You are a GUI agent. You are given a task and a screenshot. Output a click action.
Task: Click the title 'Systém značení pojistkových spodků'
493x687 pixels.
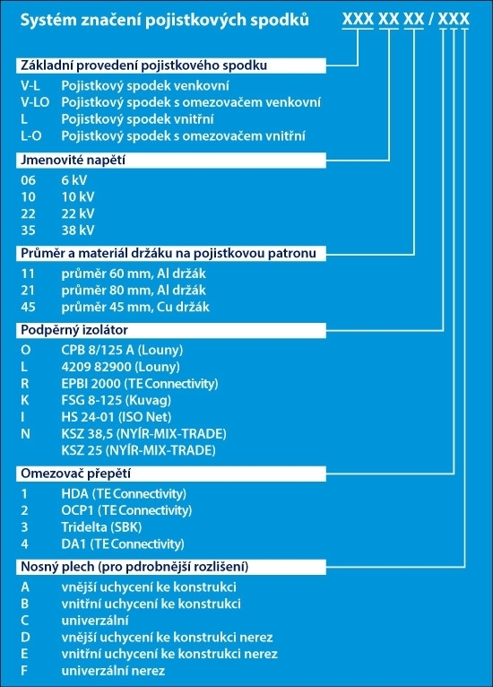click(x=165, y=20)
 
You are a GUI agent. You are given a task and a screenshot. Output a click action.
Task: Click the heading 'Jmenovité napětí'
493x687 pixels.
click(x=73, y=160)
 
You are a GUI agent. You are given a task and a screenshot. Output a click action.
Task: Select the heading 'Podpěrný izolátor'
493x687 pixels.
click(x=74, y=330)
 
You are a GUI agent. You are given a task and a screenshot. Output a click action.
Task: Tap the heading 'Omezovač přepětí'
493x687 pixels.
click(x=76, y=474)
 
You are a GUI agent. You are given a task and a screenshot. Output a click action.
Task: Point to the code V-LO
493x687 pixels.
click(x=35, y=102)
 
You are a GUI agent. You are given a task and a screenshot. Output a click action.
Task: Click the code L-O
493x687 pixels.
click(x=31, y=135)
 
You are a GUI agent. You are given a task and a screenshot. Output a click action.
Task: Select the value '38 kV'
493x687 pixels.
click(x=78, y=230)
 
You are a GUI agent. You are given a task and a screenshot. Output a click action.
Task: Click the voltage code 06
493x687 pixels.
click(x=28, y=180)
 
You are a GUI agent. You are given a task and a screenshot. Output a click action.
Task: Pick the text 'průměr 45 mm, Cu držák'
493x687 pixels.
click(x=135, y=307)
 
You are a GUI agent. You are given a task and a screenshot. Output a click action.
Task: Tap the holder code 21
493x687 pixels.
click(x=28, y=290)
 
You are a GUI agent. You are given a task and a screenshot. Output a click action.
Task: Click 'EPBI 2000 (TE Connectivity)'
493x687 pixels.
click(x=140, y=384)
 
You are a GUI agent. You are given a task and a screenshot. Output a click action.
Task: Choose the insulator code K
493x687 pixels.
click(x=25, y=401)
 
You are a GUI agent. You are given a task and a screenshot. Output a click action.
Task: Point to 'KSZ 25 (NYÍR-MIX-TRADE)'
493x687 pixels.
click(x=138, y=450)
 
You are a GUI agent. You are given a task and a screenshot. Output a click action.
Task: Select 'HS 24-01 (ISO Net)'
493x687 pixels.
click(x=117, y=417)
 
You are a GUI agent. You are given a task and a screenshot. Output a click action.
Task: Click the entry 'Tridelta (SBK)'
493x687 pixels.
click(x=101, y=527)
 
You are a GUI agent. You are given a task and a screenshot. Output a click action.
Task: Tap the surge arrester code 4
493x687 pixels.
click(x=24, y=544)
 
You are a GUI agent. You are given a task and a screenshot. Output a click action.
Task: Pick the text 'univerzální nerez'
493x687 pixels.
click(x=113, y=670)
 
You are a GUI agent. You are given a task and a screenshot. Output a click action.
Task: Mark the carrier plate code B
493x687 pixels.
click(x=24, y=604)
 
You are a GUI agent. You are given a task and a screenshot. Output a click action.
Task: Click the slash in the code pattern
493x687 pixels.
click(x=431, y=19)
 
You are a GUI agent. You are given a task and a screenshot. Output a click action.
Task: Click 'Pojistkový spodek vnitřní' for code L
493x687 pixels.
click(x=137, y=119)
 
